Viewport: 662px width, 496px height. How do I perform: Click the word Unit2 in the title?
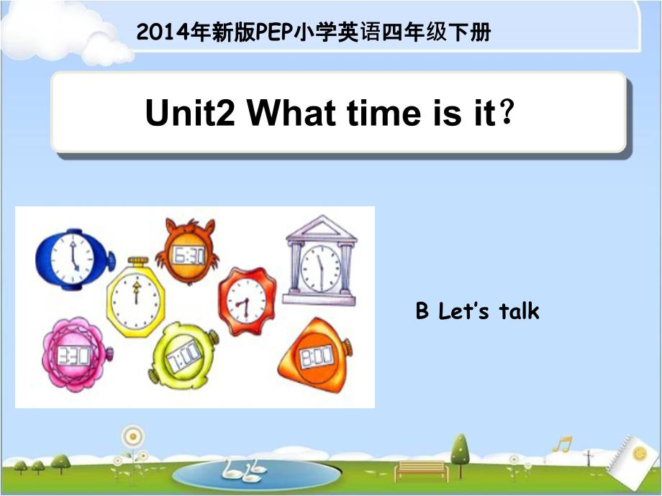189,113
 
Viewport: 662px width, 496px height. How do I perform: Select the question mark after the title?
506,111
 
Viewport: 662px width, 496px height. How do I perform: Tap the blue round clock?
75,259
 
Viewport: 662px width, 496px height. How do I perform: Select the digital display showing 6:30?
189,256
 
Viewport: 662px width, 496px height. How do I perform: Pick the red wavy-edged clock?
247,301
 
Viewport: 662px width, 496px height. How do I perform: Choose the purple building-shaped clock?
320,261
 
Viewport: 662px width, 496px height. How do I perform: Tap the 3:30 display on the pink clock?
74,355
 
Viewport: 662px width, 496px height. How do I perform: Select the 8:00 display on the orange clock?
316,357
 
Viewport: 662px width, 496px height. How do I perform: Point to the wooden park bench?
422,471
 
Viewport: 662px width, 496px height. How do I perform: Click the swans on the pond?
244,470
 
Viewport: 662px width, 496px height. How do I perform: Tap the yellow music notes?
563,444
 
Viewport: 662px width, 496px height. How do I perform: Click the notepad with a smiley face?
632,456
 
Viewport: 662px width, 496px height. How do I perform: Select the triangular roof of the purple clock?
322,229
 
